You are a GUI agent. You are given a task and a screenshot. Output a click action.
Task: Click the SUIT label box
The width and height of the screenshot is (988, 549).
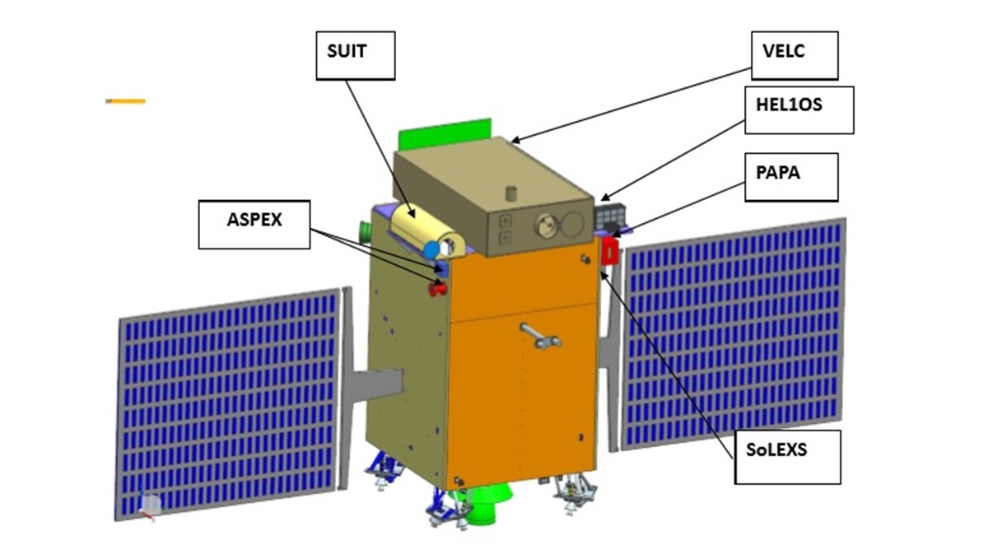(x=356, y=56)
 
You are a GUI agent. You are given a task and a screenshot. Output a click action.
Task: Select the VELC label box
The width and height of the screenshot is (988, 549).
(x=795, y=56)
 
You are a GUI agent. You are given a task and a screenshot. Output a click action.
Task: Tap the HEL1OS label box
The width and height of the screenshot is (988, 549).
(x=799, y=110)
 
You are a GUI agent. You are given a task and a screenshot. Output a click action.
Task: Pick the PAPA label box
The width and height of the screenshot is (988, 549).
(x=792, y=177)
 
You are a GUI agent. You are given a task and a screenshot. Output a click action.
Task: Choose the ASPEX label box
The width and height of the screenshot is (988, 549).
(x=254, y=225)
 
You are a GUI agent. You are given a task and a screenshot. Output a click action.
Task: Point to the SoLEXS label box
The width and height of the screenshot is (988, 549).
(x=788, y=458)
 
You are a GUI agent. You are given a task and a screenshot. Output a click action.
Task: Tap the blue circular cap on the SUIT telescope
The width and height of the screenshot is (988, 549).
(x=431, y=249)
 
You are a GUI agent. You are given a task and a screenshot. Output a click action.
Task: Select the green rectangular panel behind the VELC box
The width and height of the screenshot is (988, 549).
(x=445, y=133)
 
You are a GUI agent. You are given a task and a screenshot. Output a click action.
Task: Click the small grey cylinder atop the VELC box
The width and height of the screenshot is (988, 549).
(x=511, y=193)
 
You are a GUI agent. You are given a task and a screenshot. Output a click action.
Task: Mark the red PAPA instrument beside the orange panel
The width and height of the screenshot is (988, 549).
(x=610, y=251)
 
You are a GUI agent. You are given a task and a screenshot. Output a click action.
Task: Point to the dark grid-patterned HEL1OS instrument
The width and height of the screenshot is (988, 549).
(x=611, y=216)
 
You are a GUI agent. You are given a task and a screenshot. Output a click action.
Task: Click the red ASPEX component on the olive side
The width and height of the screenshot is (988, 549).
(x=437, y=289)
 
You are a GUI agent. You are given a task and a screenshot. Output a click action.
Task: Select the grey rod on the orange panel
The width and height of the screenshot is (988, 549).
(x=540, y=336)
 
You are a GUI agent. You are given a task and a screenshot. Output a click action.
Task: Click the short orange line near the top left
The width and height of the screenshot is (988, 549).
(x=125, y=101)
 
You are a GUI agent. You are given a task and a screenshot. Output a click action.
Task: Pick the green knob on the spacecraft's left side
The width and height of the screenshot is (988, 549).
(x=366, y=231)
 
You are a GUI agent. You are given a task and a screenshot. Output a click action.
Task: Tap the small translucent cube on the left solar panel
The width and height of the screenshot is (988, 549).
(x=150, y=504)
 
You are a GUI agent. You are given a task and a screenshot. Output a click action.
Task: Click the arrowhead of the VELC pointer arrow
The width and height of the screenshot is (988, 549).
(x=515, y=141)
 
